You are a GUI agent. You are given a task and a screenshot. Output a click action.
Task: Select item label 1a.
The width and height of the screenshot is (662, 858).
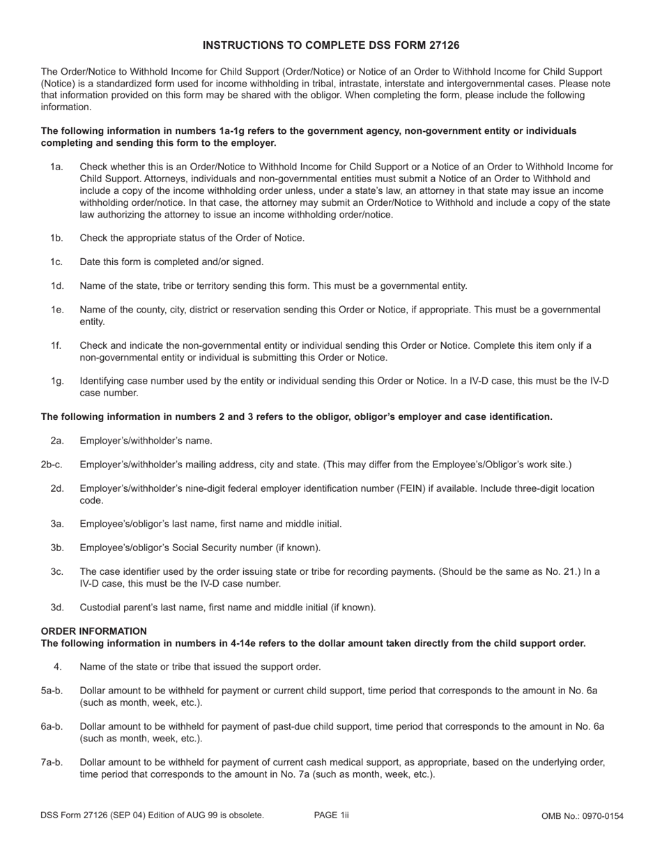pyautogui.click(x=56, y=167)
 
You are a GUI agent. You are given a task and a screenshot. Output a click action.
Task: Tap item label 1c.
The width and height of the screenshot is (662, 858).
pyautogui.click(x=56, y=262)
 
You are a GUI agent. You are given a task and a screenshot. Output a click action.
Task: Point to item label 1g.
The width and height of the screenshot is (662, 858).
pyautogui.click(x=56, y=381)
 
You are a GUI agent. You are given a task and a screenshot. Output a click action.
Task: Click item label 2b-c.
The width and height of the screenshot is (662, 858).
pyautogui.click(x=52, y=465)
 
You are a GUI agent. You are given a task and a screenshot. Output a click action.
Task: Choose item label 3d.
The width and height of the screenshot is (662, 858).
pyautogui.click(x=56, y=607)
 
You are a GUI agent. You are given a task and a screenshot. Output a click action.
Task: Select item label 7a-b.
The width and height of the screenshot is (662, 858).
pyautogui.click(x=52, y=762)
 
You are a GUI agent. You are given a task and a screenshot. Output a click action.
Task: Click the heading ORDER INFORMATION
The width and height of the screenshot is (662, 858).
pyautogui.click(x=93, y=631)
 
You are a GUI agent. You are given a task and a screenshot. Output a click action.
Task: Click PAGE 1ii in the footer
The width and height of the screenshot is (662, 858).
pyautogui.click(x=331, y=815)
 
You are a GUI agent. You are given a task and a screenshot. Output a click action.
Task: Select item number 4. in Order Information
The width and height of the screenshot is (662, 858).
pyautogui.click(x=58, y=666)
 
